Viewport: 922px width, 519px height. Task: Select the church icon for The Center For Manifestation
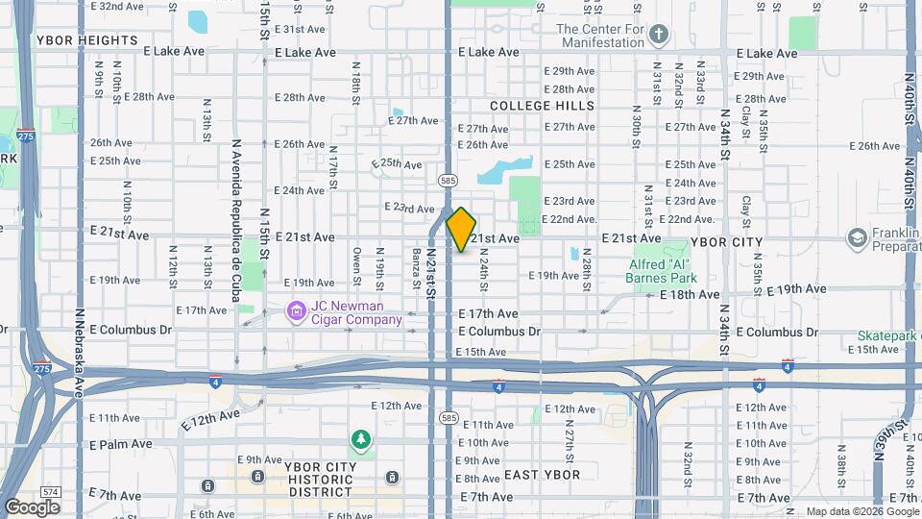coord(658,36)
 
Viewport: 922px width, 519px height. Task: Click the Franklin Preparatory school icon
coord(856,237)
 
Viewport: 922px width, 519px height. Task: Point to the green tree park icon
coord(361,440)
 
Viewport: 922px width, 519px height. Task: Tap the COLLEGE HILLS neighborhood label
coord(542,105)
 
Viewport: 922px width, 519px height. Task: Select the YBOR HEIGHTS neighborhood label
coord(86,40)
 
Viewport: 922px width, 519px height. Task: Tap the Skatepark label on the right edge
coord(889,335)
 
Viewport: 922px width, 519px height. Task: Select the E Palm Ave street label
coord(120,444)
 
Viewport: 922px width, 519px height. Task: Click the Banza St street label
coord(417,265)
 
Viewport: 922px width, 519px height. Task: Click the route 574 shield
coord(51,492)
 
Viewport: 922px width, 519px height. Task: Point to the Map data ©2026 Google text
coord(861,511)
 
